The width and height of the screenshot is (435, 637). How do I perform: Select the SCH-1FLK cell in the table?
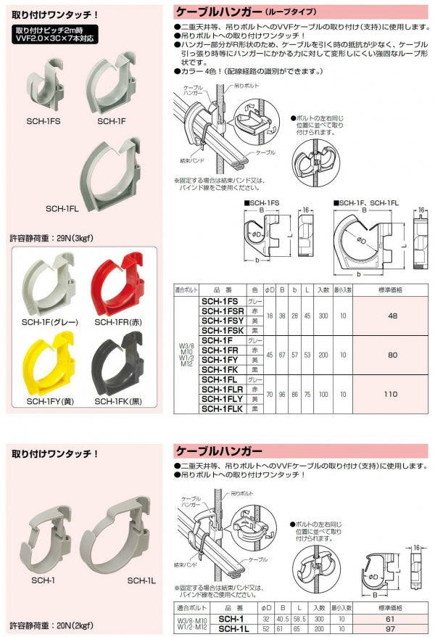pyautogui.click(x=221, y=409)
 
